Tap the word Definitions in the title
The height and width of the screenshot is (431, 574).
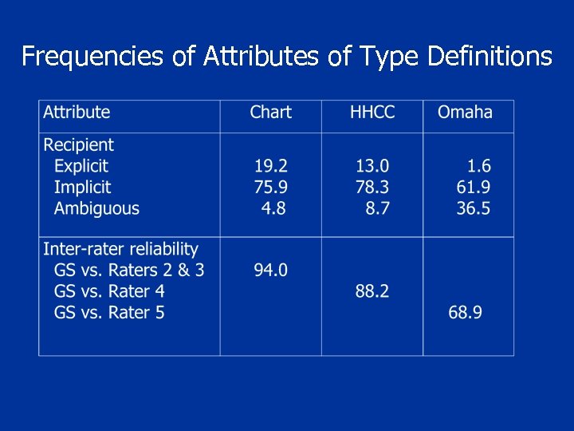pyautogui.click(x=490, y=56)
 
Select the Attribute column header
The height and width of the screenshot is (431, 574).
pyautogui.click(x=77, y=113)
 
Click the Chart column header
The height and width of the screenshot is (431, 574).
pyautogui.click(x=270, y=113)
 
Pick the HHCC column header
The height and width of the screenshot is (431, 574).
pyautogui.click(x=372, y=113)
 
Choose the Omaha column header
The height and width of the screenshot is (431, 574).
pyautogui.click(x=465, y=113)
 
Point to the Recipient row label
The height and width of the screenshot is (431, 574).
pyautogui.click(x=79, y=145)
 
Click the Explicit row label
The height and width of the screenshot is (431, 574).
pyautogui.click(x=81, y=166)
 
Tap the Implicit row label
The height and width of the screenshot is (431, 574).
pyautogui.click(x=82, y=188)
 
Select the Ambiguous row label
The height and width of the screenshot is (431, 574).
pyautogui.click(x=96, y=209)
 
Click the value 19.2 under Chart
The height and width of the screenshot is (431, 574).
pyautogui.click(x=271, y=166)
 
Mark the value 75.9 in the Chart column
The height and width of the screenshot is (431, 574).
pyautogui.click(x=271, y=188)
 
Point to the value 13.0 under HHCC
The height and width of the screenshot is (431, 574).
pyautogui.click(x=372, y=166)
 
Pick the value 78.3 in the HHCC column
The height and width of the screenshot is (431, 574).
pyautogui.click(x=372, y=188)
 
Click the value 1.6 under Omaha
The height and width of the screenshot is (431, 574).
pyautogui.click(x=478, y=166)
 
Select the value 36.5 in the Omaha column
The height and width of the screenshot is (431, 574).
pyautogui.click(x=474, y=209)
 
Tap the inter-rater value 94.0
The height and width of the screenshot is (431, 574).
pyautogui.click(x=271, y=271)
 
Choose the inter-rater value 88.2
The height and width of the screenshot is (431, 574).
pyautogui.click(x=372, y=291)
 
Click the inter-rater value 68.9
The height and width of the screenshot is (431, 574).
pyautogui.click(x=465, y=313)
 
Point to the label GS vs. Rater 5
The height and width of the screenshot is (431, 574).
pyautogui.click(x=109, y=313)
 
